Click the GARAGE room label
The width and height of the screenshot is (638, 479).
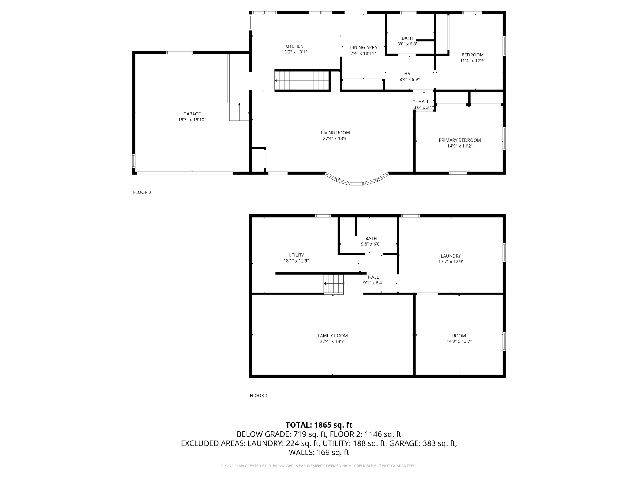click(192, 114)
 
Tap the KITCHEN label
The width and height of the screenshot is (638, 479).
click(294, 46)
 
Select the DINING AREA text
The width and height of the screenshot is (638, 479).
click(363, 48)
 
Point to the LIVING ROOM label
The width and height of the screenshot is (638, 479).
click(335, 133)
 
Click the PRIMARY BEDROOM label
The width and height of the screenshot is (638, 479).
click(459, 140)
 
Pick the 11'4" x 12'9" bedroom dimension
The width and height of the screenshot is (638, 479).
click(472, 61)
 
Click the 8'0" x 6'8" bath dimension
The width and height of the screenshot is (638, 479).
click(407, 44)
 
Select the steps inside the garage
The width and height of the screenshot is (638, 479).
click(239, 112)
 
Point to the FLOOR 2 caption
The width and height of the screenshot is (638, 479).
click(142, 193)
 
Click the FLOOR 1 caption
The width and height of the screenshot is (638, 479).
click(259, 395)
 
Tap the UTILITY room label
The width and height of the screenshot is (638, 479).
click(296, 255)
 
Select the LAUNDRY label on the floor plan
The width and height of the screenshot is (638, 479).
click(451, 256)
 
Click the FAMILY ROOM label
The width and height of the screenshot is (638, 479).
click(332, 336)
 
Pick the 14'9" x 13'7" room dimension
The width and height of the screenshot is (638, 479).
click(459, 341)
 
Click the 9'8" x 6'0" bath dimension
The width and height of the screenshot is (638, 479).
click(371, 244)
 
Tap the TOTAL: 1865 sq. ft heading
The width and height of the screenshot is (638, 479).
click(319, 425)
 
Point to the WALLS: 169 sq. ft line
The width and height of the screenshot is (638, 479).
click(319, 452)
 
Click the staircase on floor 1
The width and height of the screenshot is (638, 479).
click(333, 284)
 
